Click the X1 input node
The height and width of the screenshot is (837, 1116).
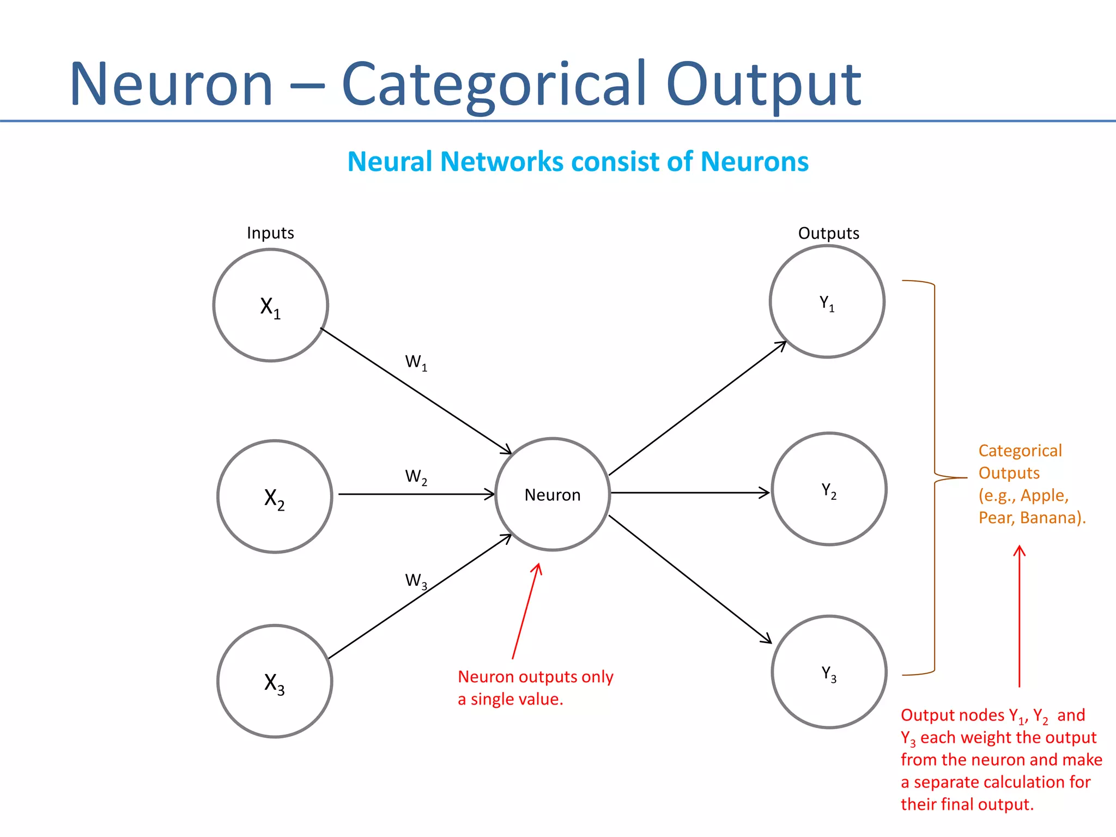tap(271, 305)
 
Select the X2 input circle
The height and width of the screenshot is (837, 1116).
tap(275, 496)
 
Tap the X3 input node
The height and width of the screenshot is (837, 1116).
tap(275, 681)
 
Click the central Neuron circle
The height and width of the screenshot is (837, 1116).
tap(553, 494)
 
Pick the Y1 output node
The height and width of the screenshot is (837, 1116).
tap(827, 301)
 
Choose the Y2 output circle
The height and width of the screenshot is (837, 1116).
tap(829, 489)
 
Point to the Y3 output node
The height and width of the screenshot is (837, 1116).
tap(829, 672)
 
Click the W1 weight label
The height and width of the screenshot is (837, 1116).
tap(416, 362)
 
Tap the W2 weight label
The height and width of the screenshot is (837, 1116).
tap(416, 477)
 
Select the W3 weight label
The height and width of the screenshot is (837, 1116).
tap(416, 580)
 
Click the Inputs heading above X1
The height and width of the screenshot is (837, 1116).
tap(270, 233)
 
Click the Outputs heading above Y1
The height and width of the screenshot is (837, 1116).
tap(828, 233)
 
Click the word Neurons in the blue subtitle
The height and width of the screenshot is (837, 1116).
tap(754, 162)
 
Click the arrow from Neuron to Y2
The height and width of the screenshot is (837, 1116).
tap(689, 493)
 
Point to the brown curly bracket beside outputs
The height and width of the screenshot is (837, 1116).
tap(935, 477)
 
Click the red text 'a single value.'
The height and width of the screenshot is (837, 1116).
tap(510, 699)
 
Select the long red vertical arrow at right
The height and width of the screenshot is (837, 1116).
tap(1019, 616)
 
